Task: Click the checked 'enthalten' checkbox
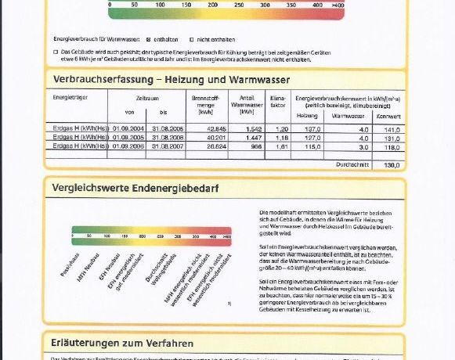[x=149, y=38]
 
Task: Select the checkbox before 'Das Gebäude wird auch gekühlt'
[x=55, y=52]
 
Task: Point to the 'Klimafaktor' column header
[x=278, y=99]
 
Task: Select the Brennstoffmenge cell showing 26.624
[x=215, y=146]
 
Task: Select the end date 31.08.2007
[x=167, y=146]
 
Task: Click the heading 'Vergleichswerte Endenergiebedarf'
[x=135, y=188]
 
